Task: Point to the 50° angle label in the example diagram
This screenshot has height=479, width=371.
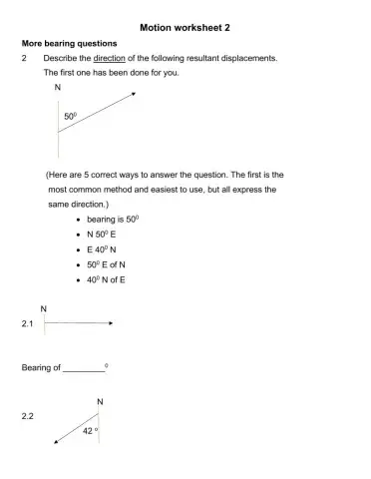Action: coord(71,117)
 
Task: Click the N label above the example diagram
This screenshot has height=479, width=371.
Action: coord(58,89)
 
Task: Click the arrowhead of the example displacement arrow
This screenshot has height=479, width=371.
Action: coord(133,94)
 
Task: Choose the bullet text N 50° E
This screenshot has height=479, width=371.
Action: coord(105,234)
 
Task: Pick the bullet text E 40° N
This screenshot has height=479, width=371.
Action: coord(105,248)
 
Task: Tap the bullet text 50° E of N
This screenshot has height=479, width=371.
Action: coord(109,264)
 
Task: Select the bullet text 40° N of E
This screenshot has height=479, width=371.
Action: coord(109,280)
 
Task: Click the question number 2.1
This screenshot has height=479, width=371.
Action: coord(28,325)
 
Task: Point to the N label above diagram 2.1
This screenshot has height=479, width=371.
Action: coord(44,309)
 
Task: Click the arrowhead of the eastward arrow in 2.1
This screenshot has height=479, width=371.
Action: coord(111,323)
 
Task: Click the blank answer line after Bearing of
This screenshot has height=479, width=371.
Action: coord(83,370)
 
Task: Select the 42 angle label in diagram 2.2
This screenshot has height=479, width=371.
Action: coord(88,431)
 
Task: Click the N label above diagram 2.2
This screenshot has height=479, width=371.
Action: coord(98,401)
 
